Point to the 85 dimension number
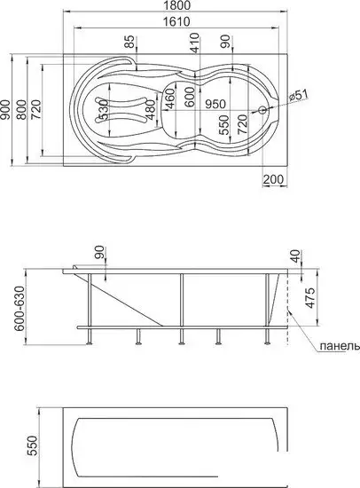(129, 42)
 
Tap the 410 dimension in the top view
(192, 42)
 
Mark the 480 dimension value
(151, 108)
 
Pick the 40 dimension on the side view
(295, 257)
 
